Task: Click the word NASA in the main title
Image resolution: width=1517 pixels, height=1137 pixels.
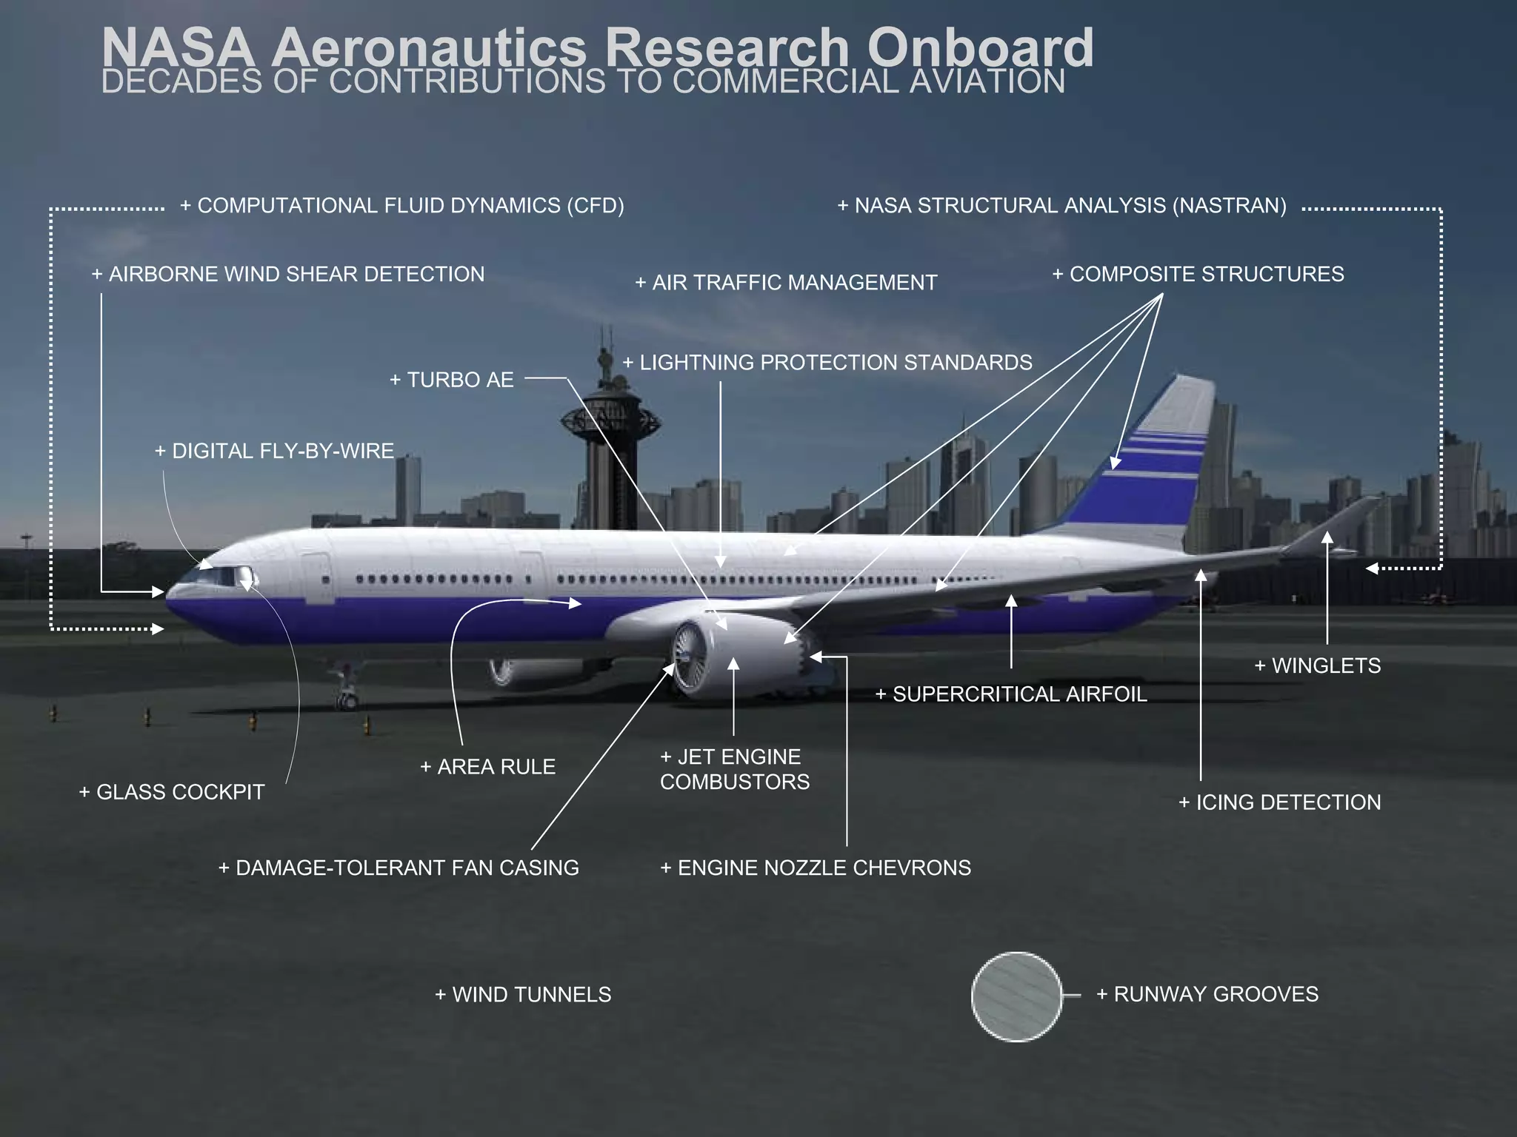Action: click(178, 47)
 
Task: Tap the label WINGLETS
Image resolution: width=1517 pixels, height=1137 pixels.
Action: click(1318, 665)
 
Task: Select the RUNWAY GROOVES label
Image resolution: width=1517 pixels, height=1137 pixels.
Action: click(1207, 993)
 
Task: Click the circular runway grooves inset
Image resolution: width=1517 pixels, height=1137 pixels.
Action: click(1016, 996)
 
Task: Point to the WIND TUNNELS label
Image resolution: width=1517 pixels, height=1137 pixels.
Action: click(523, 994)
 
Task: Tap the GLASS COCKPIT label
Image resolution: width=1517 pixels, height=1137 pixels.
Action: click(172, 792)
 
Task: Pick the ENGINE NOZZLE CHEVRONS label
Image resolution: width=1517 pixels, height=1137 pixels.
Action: click(816, 868)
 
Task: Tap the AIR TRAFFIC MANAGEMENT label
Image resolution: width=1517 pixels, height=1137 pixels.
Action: click(786, 283)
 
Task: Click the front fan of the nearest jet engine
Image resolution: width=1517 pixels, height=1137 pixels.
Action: click(687, 656)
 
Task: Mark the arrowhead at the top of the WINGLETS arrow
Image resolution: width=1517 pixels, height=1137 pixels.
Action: click(1327, 538)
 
